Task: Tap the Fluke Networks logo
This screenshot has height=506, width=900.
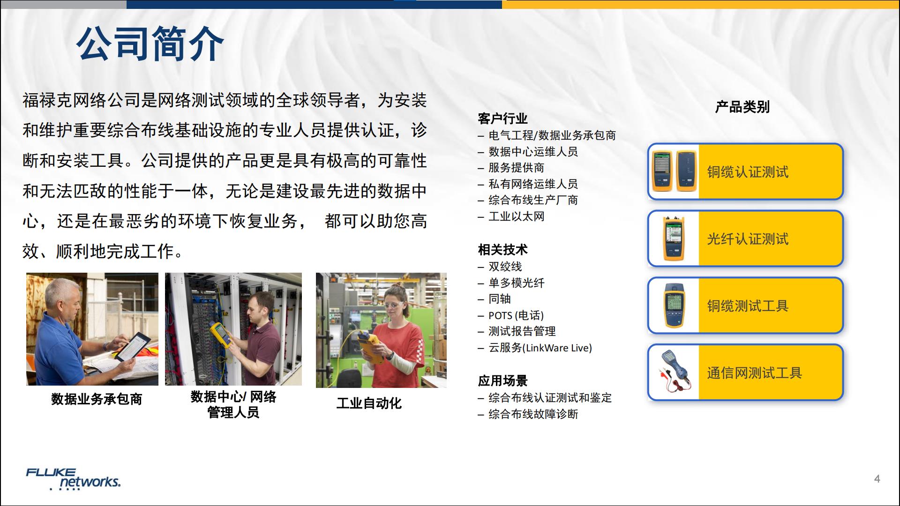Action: (x=73, y=478)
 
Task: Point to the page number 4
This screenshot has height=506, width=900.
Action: (x=877, y=478)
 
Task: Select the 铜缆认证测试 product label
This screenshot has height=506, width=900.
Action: (x=748, y=172)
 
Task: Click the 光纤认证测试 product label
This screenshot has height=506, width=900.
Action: (x=748, y=239)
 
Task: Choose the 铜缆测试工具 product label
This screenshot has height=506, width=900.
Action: (x=748, y=306)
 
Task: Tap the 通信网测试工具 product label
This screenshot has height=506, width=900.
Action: (x=754, y=373)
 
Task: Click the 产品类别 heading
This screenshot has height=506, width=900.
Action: (x=742, y=107)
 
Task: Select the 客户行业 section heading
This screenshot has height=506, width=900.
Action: (x=502, y=119)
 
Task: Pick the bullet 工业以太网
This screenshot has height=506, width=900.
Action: (x=516, y=216)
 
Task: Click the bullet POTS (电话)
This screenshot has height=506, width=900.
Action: (x=516, y=315)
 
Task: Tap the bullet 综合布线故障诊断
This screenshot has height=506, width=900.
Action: (x=533, y=414)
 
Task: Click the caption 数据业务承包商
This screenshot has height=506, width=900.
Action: (x=97, y=399)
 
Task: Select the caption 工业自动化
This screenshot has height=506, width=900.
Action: (x=369, y=403)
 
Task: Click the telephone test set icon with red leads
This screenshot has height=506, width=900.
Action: (x=674, y=372)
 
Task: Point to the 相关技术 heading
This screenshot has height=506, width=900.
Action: (x=502, y=250)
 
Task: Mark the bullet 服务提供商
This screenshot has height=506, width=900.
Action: (x=516, y=168)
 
